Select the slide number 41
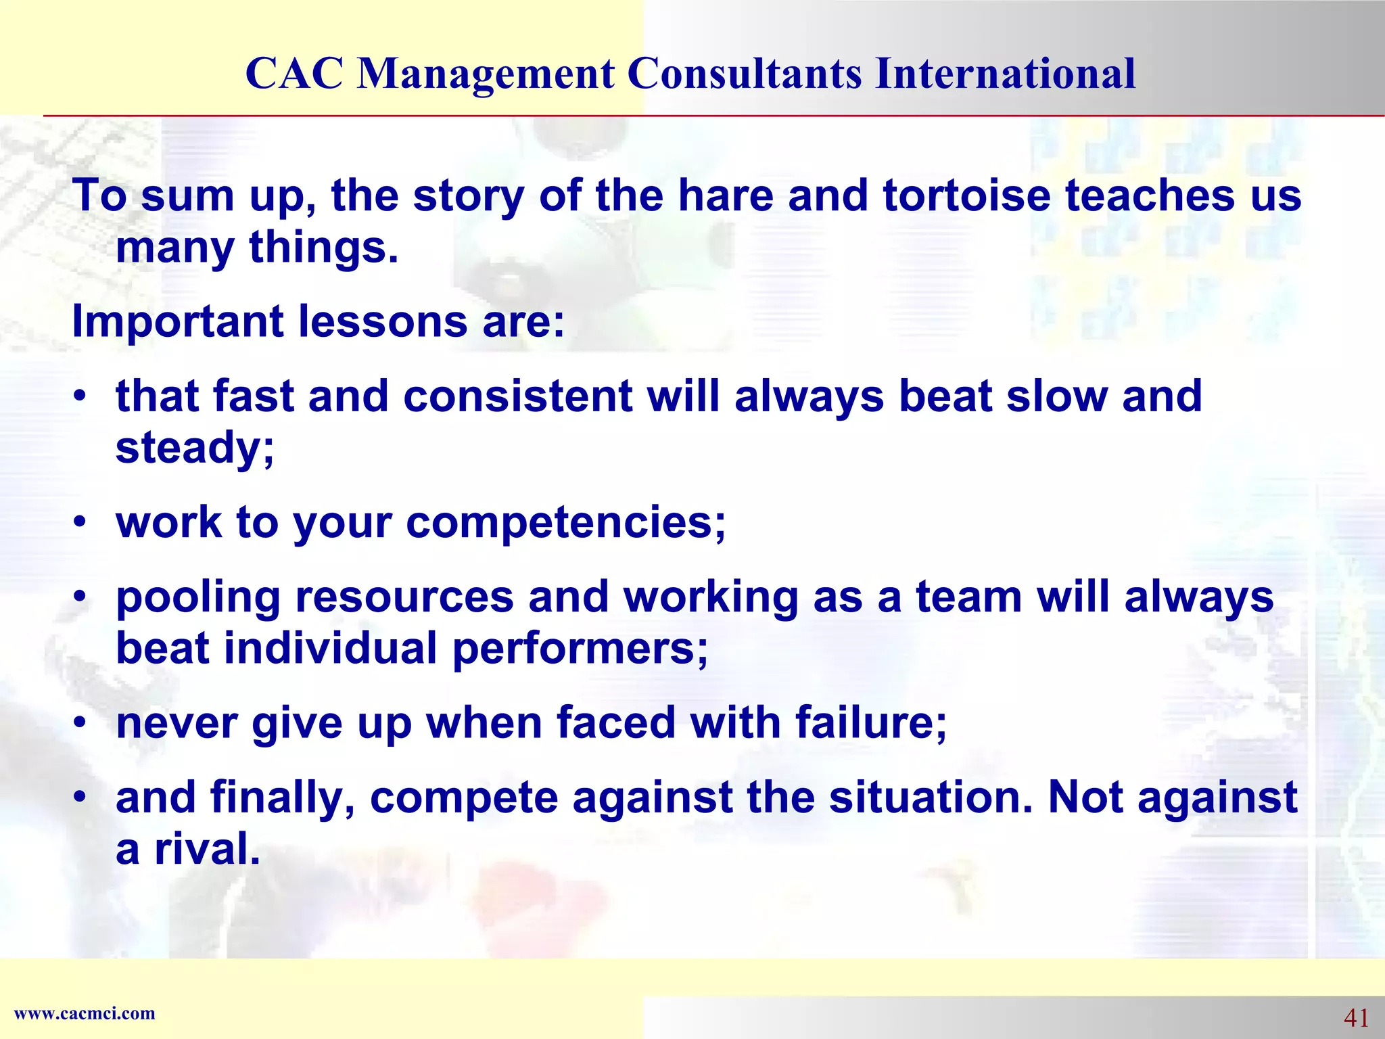pos(1356,1017)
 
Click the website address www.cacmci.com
pos(85,1013)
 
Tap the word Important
pos(178,321)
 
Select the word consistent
pos(517,396)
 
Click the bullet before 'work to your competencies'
pos(80,524)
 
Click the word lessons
pos(382,321)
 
